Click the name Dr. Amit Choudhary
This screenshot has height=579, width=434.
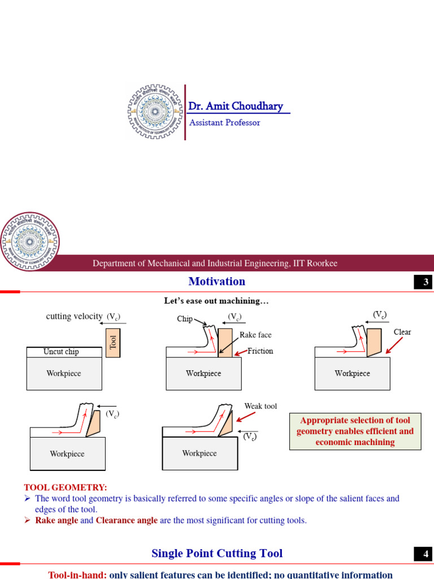pos(236,106)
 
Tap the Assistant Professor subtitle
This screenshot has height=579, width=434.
pos(224,123)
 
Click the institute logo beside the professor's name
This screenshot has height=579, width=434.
pos(154,112)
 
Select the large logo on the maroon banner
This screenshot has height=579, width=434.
pos(29,241)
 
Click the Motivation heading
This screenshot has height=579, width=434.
pos(217,282)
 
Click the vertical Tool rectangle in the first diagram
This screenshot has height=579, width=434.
pos(113,343)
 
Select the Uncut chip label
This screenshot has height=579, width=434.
pos(61,352)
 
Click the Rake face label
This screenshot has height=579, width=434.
pos(256,335)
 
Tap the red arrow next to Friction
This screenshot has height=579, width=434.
pos(240,352)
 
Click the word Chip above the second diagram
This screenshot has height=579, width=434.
pos(185,319)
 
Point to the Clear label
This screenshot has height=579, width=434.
pos(402,332)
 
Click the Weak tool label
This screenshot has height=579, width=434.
pos(261,406)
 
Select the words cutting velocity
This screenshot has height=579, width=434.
pos(75,317)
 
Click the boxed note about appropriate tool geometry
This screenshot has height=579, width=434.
pos(355,431)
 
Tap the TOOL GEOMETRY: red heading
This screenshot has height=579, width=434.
pos(66,487)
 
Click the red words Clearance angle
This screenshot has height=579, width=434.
pos(127,520)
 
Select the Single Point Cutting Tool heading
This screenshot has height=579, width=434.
pos(217,554)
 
